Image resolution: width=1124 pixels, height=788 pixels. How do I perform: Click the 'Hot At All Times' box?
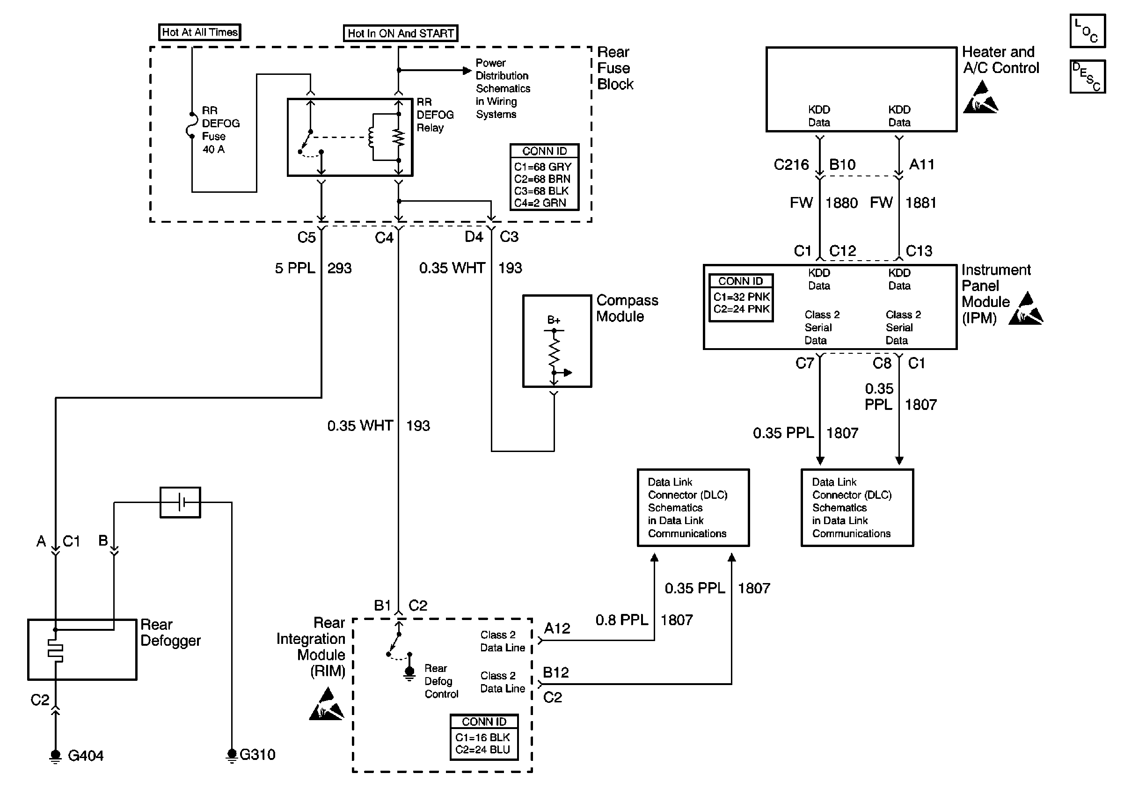200,32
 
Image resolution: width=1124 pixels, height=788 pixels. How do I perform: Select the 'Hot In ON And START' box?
401,33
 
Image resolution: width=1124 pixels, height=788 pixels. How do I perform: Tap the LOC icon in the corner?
1088,31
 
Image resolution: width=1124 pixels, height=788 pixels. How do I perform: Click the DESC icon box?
1088,76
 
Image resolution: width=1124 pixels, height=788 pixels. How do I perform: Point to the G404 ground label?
85,756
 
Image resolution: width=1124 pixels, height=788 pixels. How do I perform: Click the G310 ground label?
257,754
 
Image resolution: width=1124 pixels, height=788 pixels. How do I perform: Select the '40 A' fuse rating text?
213,149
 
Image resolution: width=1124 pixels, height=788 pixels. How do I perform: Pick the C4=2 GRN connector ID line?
540,203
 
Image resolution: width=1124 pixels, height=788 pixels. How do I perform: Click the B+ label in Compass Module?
553,320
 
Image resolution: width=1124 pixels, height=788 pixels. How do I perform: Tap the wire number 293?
339,268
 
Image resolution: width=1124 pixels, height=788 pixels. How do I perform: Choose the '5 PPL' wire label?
295,268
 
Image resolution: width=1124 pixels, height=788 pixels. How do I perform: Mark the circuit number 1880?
841,203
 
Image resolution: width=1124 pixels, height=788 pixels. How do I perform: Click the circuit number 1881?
920,203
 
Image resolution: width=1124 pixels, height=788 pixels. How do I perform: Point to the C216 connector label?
791,164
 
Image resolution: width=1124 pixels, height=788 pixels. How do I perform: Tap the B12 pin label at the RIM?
555,672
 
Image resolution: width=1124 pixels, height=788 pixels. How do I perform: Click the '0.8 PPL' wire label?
621,620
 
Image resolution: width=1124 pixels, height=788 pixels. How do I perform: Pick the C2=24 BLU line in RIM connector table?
483,749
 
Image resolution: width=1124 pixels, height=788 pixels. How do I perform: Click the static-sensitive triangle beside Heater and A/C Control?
980,98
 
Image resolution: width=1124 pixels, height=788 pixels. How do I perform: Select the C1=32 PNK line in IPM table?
741,297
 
